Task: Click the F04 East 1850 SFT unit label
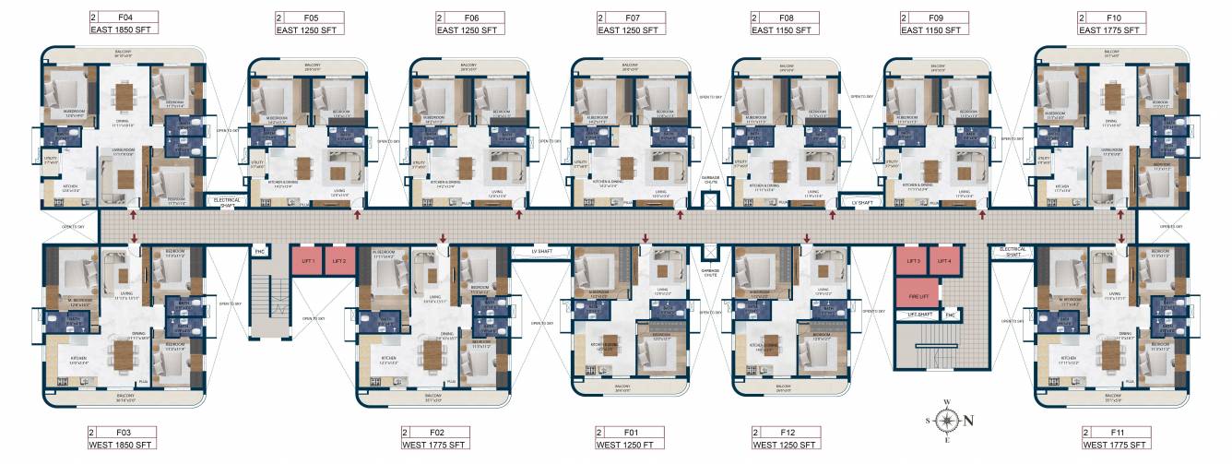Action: [x=124, y=23]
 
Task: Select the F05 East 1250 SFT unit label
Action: [x=310, y=23]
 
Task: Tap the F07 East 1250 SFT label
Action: [x=632, y=23]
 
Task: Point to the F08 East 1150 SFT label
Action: [x=786, y=23]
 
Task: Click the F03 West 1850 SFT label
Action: [x=123, y=438]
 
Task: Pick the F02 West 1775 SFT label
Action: [x=435, y=438]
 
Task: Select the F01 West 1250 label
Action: [x=631, y=438]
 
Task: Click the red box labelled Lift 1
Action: [x=306, y=261]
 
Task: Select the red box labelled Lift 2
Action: [x=338, y=261]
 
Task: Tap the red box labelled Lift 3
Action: [x=910, y=261]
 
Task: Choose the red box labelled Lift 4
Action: [x=943, y=261]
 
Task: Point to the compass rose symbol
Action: [x=946, y=420]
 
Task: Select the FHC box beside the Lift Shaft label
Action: [x=949, y=315]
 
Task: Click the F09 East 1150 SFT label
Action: [x=935, y=23]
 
